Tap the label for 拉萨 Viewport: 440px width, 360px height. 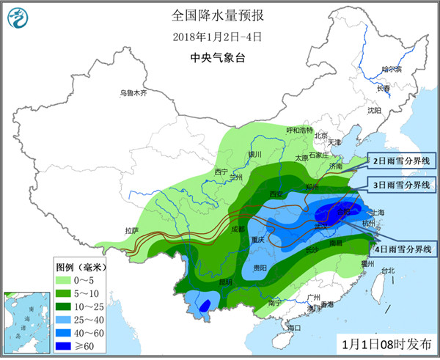point(132,230)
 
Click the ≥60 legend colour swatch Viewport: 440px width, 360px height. point(64,345)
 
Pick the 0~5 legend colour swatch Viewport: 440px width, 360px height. point(64,279)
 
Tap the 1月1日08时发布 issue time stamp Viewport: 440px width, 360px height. point(386,342)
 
